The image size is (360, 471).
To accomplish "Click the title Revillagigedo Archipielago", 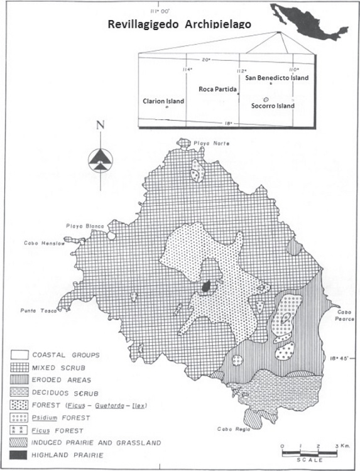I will [x=180, y=24].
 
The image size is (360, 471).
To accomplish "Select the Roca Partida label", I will [x=217, y=89].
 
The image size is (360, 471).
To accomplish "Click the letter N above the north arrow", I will [x=100, y=125].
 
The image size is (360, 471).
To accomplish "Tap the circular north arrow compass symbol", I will [x=99, y=160].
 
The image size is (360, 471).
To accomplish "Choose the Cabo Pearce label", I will [x=344, y=316].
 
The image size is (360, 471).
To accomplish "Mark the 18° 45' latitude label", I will [x=343, y=359].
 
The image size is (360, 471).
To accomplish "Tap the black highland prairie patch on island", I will [x=205, y=286].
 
